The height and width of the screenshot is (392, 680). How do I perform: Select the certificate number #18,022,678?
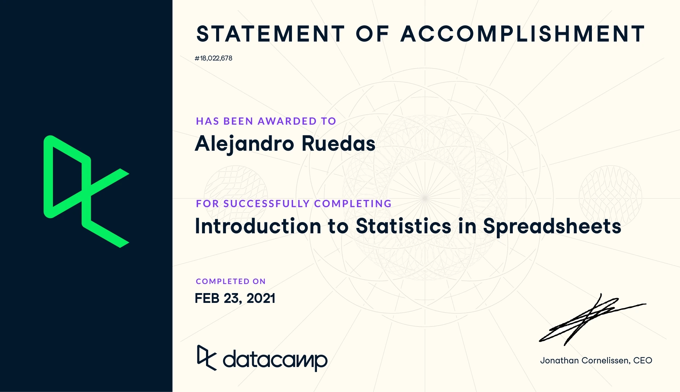214,58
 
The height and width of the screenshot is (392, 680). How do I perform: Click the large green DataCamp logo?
86,192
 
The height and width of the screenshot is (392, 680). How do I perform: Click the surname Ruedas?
338,143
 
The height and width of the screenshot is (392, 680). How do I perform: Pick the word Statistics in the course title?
404,226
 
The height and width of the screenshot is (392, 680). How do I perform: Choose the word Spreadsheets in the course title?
552,227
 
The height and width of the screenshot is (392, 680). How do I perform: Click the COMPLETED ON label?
231,282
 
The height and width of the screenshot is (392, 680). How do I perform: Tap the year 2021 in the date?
261,299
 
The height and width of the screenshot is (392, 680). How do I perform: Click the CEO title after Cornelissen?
643,360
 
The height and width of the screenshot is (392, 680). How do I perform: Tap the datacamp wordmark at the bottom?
275,360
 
